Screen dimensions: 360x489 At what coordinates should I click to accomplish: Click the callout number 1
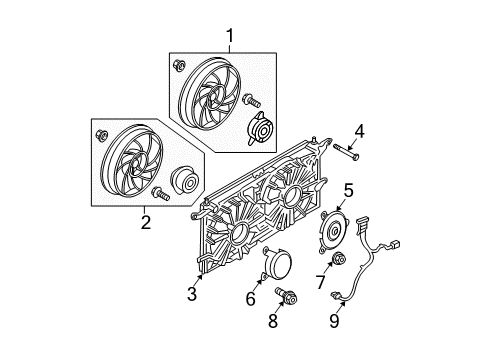(x=230, y=37)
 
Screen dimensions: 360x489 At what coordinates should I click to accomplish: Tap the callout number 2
(x=146, y=222)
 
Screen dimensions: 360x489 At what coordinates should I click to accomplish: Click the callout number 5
(x=349, y=189)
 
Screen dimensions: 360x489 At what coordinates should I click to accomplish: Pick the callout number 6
(x=251, y=299)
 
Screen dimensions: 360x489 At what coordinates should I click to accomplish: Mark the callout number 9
(x=335, y=322)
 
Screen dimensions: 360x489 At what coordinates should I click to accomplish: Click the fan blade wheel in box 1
(x=212, y=95)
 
